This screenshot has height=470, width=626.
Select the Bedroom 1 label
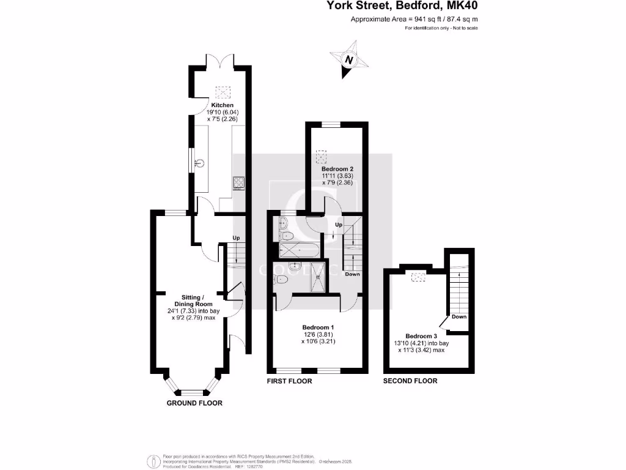click(317, 327)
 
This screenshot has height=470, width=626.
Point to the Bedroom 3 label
click(421, 336)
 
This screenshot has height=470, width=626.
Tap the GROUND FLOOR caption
click(194, 403)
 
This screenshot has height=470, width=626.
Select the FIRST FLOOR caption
click(289, 381)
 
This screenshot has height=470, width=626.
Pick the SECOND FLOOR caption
click(410, 381)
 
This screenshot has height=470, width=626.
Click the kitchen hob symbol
click(238, 182)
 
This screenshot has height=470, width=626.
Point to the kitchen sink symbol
click(199, 163)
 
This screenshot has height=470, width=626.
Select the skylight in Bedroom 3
click(419, 277)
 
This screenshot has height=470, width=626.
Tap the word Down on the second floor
click(459, 317)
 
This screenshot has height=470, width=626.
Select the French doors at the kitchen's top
click(220, 61)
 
